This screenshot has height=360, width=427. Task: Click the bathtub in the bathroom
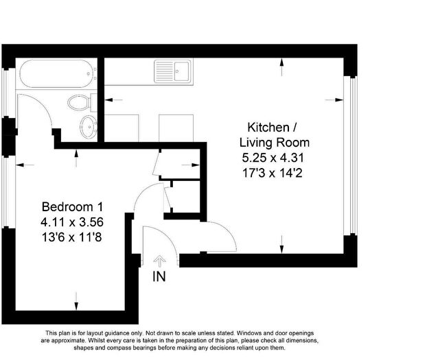[x=56, y=74]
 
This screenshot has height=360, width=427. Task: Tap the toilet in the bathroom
[x=81, y=104]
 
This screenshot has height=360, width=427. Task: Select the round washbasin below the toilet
[x=88, y=126]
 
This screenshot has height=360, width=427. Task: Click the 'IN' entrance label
[x=159, y=277]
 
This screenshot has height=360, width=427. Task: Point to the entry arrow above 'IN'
[x=159, y=261]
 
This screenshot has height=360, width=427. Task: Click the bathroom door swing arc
[x=34, y=113]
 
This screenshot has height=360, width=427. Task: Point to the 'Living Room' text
[x=274, y=143]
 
